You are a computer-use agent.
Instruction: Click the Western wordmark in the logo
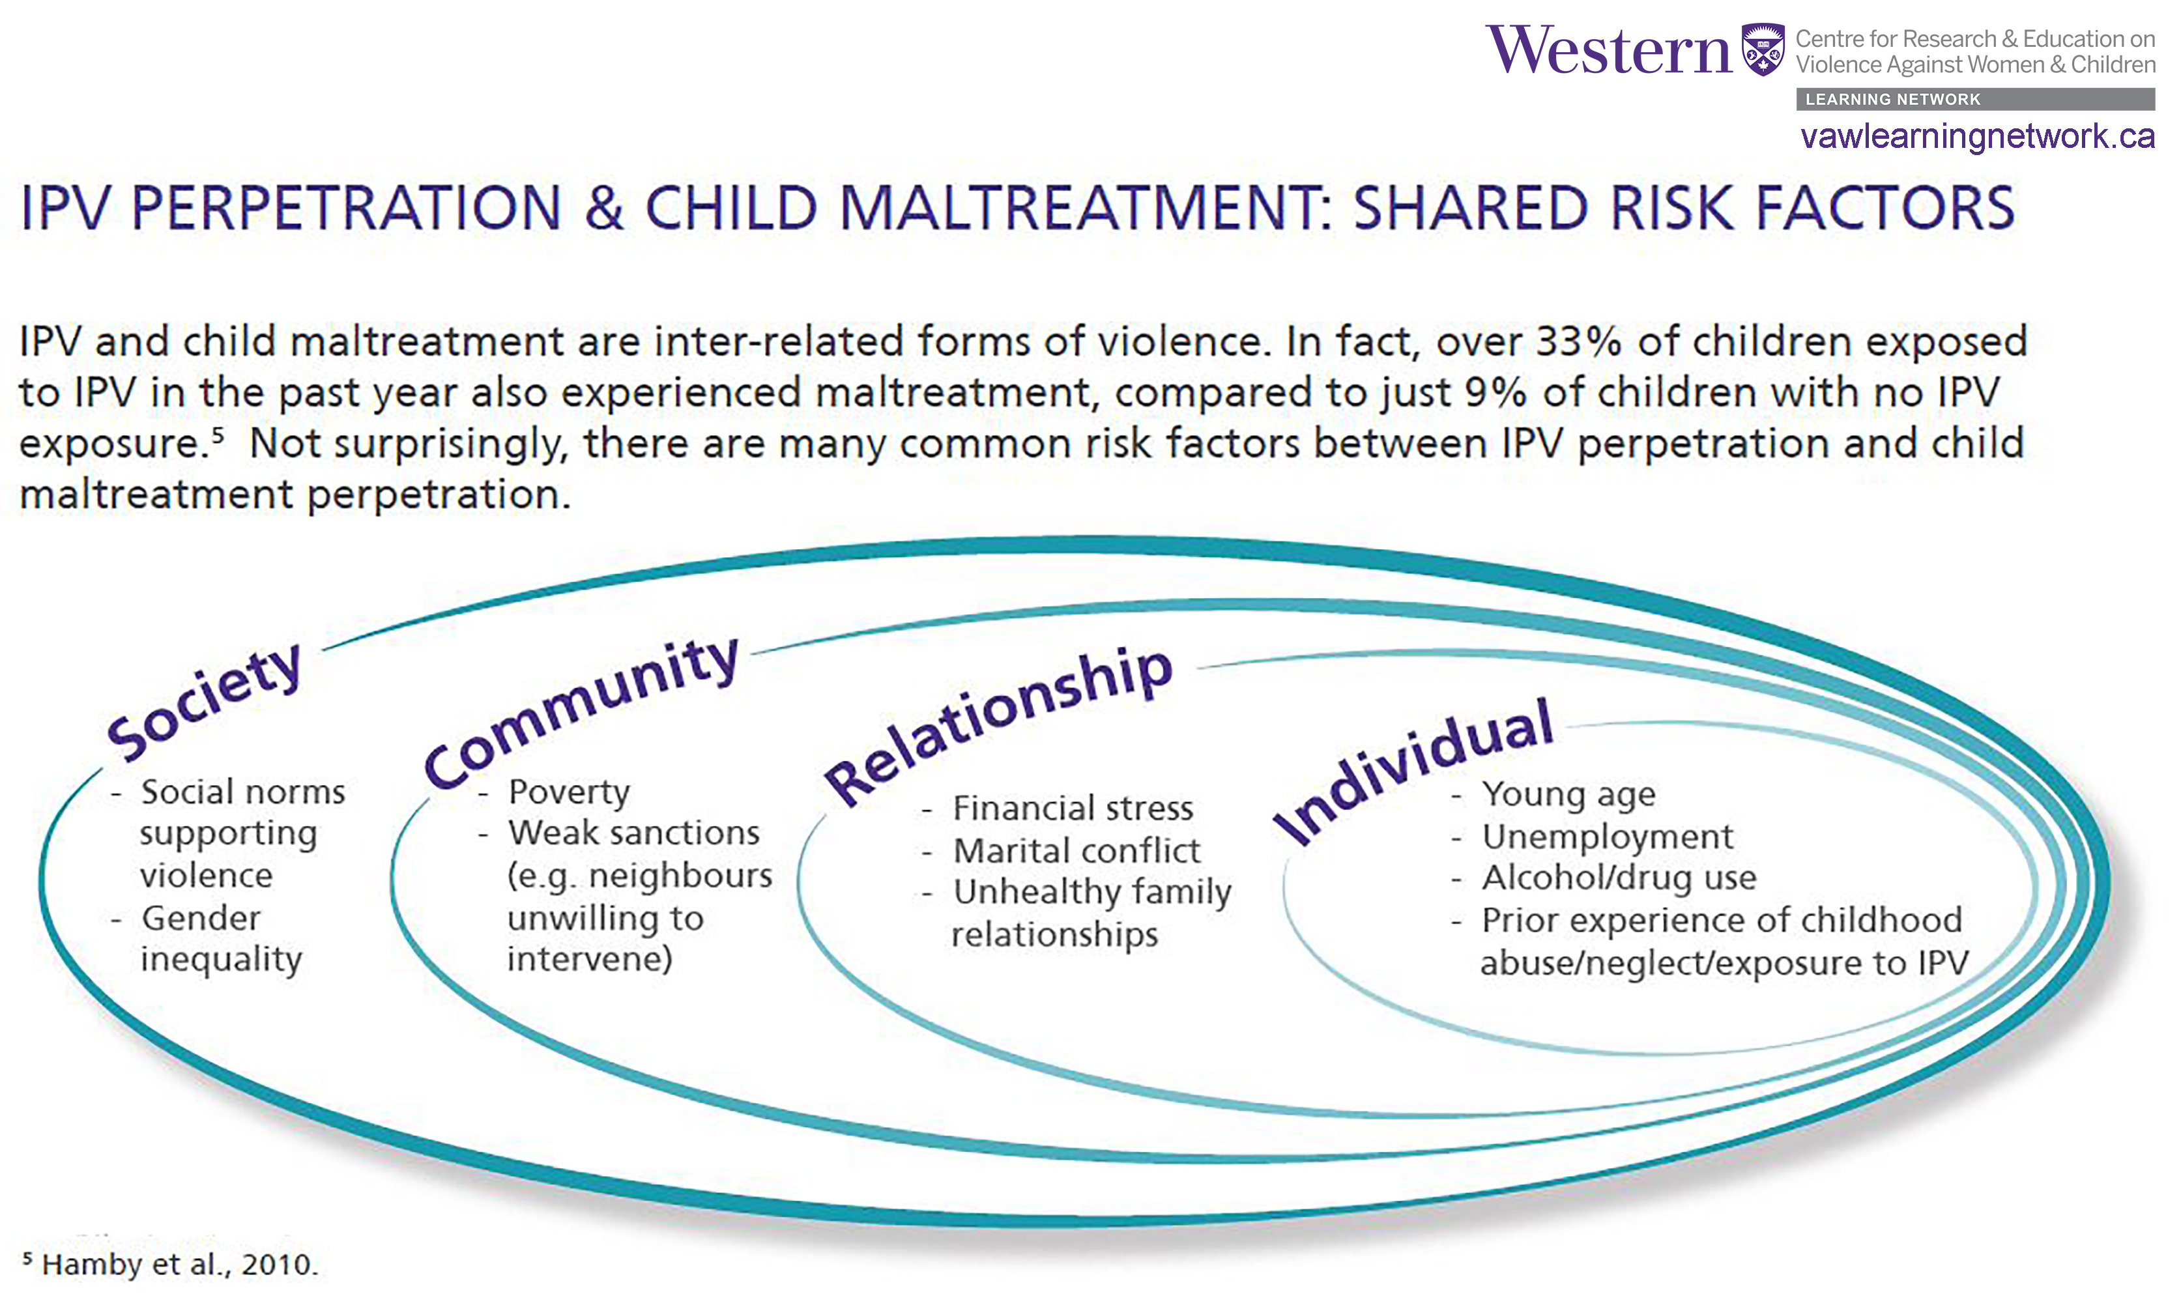point(1608,50)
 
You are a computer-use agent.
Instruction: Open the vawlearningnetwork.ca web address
point(1978,137)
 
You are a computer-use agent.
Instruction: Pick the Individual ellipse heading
point(1414,771)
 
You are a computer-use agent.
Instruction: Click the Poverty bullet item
point(569,793)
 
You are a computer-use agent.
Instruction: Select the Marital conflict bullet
point(1076,851)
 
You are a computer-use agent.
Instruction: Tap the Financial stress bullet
point(1073,809)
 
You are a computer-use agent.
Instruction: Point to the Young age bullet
point(1568,794)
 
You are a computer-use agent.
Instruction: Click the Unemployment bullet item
point(1607,837)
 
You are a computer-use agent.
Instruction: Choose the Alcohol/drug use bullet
point(1619,878)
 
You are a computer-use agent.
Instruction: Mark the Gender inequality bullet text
point(221,939)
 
